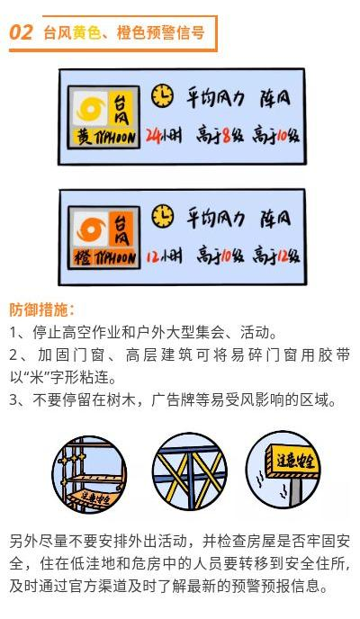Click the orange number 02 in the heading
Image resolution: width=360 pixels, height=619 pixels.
21,32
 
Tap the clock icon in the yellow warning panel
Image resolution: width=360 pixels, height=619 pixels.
162,95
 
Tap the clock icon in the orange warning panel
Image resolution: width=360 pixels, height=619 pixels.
162,216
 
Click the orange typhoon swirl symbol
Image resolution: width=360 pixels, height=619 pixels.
91,229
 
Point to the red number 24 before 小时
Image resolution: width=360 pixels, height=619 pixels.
153,136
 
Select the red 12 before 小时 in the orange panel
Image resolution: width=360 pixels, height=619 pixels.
153,256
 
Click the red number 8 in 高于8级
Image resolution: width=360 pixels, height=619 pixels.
227,136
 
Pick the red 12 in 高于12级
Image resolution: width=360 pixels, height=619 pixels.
283,256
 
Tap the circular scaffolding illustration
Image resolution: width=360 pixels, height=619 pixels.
89,474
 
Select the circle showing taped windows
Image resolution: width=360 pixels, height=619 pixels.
190,471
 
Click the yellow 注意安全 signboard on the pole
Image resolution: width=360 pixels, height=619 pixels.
292,461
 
